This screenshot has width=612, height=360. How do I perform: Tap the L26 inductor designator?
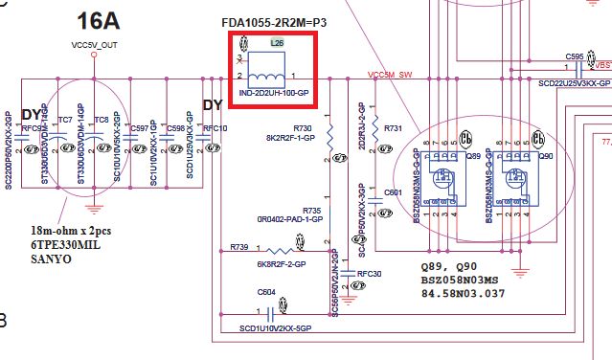(277, 44)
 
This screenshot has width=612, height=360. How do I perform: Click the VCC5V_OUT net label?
(93, 44)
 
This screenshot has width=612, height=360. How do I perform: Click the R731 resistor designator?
(394, 128)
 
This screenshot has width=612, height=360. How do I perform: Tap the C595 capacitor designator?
(575, 56)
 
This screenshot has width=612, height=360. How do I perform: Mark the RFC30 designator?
(369, 273)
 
